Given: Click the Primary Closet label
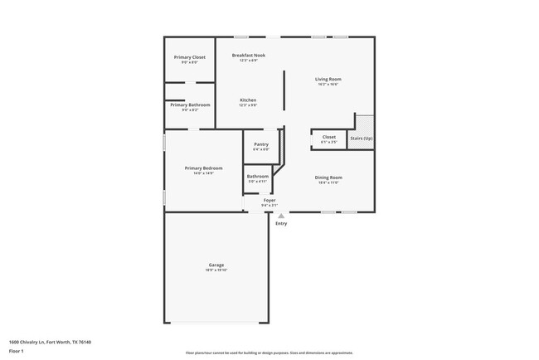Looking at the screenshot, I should pyautogui.click(x=189, y=57).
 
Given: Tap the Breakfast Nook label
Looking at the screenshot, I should pyautogui.click(x=248, y=55).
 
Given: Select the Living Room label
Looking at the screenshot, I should pyautogui.click(x=328, y=79).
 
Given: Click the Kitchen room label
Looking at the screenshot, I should pyautogui.click(x=248, y=100).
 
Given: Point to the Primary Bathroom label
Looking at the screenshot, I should pyautogui.click(x=190, y=105).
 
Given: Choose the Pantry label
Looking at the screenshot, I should pyautogui.click(x=261, y=144).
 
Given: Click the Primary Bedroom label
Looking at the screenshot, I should pyautogui.click(x=203, y=168).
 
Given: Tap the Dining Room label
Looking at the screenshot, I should pyautogui.click(x=328, y=177).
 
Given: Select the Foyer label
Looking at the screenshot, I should pyautogui.click(x=269, y=200).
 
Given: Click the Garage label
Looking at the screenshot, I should pyautogui.click(x=216, y=265).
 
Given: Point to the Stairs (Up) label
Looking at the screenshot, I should pyautogui.click(x=362, y=138).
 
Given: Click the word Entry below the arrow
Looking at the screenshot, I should pyautogui.click(x=281, y=223).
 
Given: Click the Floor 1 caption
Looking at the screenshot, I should pyautogui.click(x=17, y=351).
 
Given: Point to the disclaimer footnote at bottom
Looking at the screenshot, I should pyautogui.click(x=269, y=352).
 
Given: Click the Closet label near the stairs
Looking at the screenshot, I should pyautogui.click(x=328, y=137).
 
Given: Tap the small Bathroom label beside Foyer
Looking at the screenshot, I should pyautogui.click(x=257, y=176).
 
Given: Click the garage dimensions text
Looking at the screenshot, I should pyautogui.click(x=216, y=270).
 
